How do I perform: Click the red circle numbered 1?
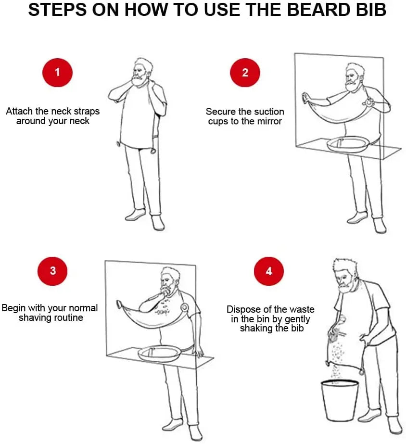tap(58, 73)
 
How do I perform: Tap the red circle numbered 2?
tap(245, 73)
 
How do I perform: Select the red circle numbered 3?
tap(52, 270)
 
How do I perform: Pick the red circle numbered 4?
tap(268, 271)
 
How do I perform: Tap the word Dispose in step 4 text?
tap(243, 309)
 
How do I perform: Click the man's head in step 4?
tap(345, 274)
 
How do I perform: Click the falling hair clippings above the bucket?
tap(337, 358)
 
